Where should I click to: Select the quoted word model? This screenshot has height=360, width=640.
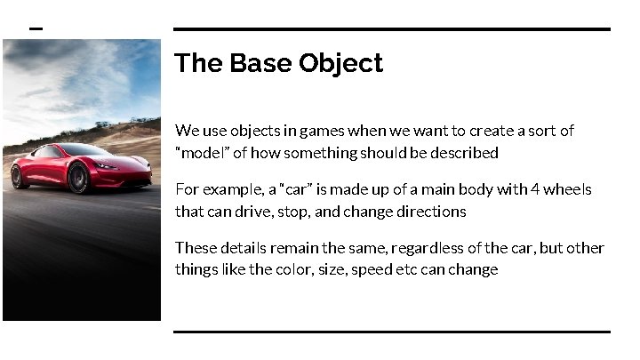click(201, 153)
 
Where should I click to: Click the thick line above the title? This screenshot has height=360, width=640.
click(391, 29)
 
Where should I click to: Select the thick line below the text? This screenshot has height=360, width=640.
click(391, 332)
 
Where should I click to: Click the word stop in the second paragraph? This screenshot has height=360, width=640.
click(294, 212)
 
